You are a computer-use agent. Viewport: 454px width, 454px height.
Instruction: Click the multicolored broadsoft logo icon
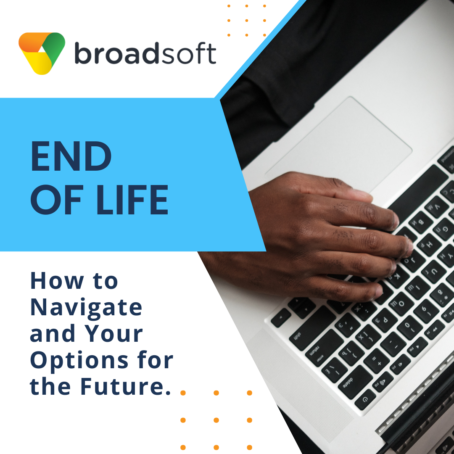pos(42,53)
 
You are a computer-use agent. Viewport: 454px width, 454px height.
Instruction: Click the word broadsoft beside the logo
pos(145,53)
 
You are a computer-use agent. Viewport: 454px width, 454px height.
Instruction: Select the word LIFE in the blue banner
pos(132,200)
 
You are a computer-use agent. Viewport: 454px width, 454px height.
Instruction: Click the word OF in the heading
pos(57,200)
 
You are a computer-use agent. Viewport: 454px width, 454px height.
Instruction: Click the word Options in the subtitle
pos(79,361)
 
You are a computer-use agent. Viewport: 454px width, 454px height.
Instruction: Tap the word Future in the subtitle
pos(121,387)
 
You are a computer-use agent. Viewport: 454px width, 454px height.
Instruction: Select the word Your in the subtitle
pos(114,333)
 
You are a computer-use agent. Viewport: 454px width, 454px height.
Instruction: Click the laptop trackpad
pos(338,145)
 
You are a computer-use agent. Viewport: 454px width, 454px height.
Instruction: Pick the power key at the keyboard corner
pos(365,400)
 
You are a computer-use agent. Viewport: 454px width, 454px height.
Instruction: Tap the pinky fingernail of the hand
pos(378,291)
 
